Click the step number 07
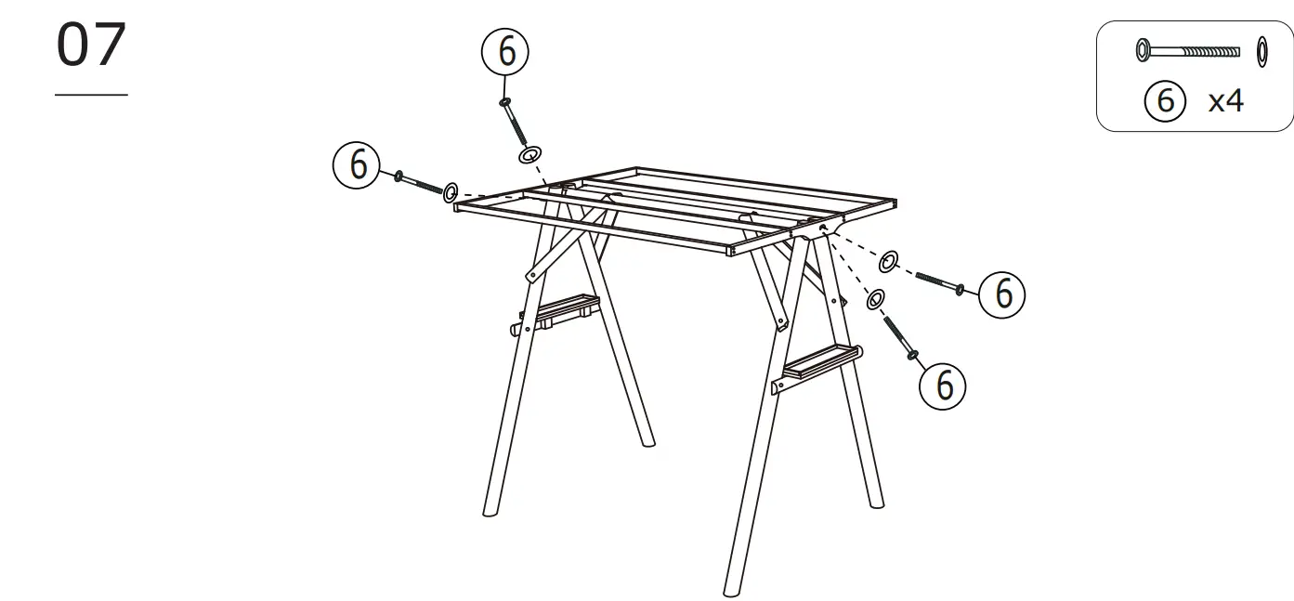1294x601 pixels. coord(91,46)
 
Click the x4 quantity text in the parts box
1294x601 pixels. coord(1224,100)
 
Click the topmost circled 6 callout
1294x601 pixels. coord(505,52)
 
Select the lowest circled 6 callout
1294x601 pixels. coord(943,384)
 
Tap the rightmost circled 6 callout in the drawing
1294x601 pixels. coord(1002,294)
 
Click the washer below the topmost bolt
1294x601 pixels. coord(531,154)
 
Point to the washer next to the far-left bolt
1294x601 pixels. coord(451,192)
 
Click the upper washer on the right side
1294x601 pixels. coord(889,261)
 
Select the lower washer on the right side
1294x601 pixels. coord(875,299)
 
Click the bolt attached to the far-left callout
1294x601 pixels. coord(419,183)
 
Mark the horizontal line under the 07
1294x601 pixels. coord(91,95)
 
